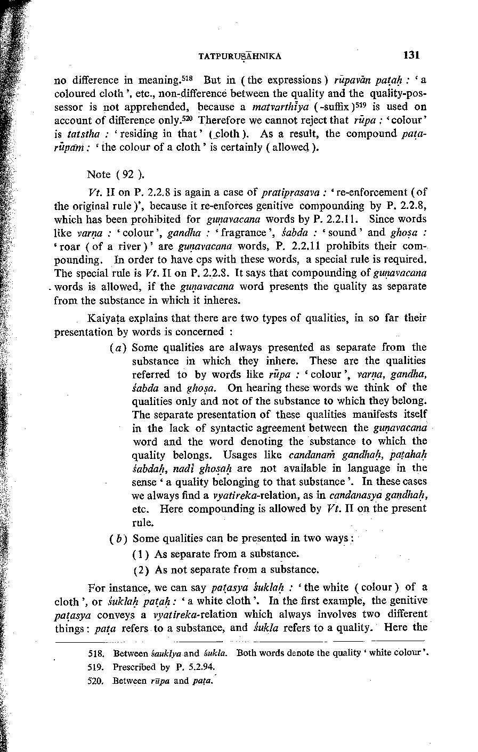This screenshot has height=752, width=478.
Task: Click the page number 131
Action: coord(412,55)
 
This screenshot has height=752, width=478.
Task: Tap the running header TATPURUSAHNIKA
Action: coord(239,56)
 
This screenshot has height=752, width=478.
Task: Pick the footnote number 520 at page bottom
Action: coord(96,681)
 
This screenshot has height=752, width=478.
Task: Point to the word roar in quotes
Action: coord(70,246)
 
